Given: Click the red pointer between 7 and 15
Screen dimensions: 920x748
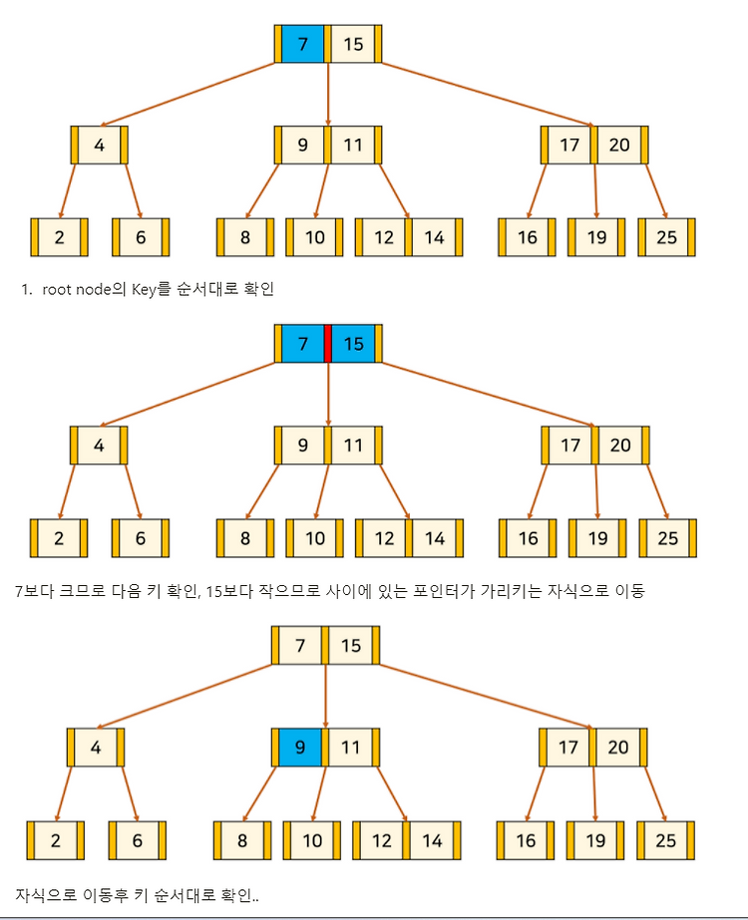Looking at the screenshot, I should (x=328, y=344).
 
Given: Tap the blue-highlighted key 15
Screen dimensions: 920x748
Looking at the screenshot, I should (x=354, y=344).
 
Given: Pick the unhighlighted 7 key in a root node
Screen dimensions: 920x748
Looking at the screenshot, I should (x=300, y=646).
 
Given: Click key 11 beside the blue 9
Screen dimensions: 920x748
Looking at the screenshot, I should (x=351, y=746).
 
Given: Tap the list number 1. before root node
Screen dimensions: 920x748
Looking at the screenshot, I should (x=28, y=290).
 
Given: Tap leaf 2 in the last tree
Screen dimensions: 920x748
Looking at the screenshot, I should (x=56, y=840).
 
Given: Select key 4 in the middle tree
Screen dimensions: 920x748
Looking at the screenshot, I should (x=99, y=446).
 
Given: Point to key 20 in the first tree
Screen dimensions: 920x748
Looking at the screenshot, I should (x=619, y=145).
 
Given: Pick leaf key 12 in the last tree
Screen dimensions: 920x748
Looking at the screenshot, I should (x=382, y=840).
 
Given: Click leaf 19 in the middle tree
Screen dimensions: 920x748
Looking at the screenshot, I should (x=596, y=538).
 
